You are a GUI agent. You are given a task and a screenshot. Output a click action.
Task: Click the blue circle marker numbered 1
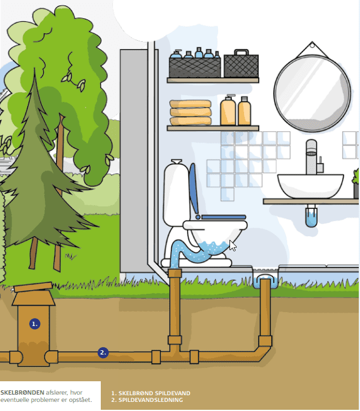coord(35,324)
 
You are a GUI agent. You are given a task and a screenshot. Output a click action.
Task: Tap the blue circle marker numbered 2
coord(103,353)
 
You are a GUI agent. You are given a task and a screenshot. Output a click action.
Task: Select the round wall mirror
coord(312,93)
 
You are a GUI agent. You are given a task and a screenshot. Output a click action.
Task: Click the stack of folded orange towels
coord(191,112)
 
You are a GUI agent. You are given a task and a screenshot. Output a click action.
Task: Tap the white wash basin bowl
coord(310,186)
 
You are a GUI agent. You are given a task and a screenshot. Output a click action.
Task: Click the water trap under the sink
coord(311,217)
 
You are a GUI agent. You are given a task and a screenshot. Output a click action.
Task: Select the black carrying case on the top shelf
coord(241,64)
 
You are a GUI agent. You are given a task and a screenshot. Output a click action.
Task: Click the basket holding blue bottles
coord(194,67)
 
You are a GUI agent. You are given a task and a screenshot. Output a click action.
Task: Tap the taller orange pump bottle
coord(228,110)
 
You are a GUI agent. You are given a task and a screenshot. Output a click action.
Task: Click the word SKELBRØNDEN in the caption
coord(22,392)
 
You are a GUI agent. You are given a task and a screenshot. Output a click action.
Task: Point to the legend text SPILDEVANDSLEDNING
coord(151,400)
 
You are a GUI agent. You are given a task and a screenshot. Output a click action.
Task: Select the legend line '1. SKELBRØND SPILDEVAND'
coord(151,393)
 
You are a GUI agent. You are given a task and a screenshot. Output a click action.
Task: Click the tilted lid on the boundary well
coord(33,287)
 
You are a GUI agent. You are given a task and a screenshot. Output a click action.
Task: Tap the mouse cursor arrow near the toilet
coord(233,246)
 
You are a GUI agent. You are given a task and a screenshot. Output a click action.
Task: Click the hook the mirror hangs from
coord(312,46)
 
